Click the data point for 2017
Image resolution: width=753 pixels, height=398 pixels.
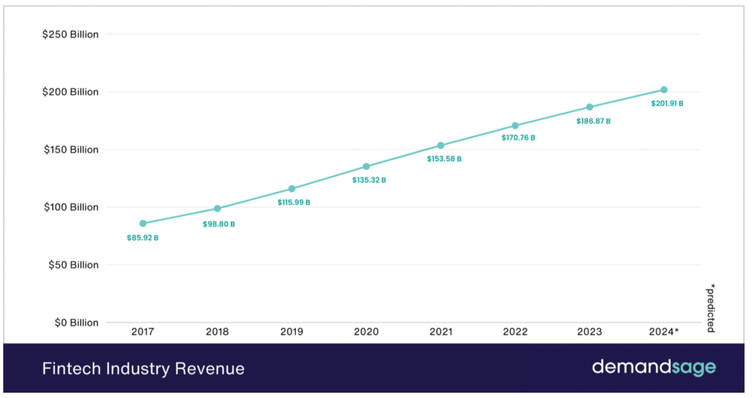[x=143, y=223]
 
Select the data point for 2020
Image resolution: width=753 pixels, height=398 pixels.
[x=366, y=167]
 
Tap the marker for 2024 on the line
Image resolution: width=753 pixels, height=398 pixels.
[x=664, y=89]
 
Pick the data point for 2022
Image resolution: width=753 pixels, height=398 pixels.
[x=515, y=126]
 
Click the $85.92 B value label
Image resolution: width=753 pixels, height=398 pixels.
[x=143, y=238]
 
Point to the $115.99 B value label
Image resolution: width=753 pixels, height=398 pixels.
[x=294, y=203]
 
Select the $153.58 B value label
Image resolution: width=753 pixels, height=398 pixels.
[x=444, y=159]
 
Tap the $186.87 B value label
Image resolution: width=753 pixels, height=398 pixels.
[x=593, y=121]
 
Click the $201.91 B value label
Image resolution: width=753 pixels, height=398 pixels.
[x=667, y=103]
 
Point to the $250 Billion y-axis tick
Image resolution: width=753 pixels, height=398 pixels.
[x=71, y=34]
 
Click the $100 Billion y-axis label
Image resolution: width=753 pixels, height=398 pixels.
[x=71, y=207]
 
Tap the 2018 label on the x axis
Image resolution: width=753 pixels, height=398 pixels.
[x=217, y=332]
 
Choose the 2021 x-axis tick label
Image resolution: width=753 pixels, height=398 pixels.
[x=441, y=332]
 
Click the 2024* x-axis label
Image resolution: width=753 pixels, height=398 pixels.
[x=664, y=332]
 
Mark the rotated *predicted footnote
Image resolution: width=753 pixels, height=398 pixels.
[x=711, y=308]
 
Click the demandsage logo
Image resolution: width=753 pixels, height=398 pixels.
[x=653, y=367]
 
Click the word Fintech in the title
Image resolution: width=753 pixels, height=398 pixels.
[x=65, y=369]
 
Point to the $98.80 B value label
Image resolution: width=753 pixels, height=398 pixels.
[x=219, y=225]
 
